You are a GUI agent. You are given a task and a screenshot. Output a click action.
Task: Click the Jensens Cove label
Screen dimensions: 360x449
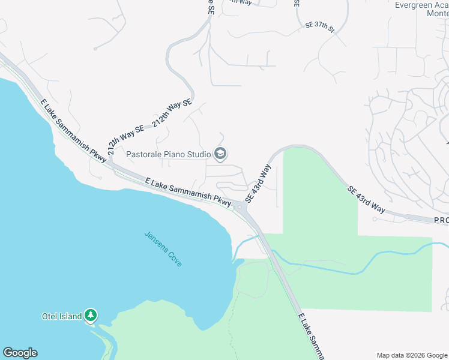click(163, 249)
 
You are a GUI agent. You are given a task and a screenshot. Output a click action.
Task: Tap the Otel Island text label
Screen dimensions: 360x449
click(62, 316)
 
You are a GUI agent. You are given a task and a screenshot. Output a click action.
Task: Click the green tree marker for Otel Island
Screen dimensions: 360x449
click(91, 314)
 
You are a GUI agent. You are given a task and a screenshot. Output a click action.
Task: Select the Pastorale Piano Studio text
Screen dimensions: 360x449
click(169, 154)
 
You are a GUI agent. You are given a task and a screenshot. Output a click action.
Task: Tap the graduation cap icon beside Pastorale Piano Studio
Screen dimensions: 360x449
click(220, 154)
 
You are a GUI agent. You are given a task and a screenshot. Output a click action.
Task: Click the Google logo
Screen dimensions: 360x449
click(20, 353)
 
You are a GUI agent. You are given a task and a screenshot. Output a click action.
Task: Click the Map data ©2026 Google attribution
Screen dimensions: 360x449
click(412, 355)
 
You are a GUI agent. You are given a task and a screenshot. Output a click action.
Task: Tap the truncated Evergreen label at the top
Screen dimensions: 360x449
click(421, 5)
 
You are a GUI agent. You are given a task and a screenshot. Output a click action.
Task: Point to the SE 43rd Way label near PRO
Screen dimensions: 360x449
click(366, 199)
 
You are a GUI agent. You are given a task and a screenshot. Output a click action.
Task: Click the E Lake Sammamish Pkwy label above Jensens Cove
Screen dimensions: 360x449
click(188, 192)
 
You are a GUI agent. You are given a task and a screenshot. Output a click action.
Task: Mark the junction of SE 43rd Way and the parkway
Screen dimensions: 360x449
click(241, 208)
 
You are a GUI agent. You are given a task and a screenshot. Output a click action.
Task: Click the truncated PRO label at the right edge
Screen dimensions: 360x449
click(441, 221)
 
